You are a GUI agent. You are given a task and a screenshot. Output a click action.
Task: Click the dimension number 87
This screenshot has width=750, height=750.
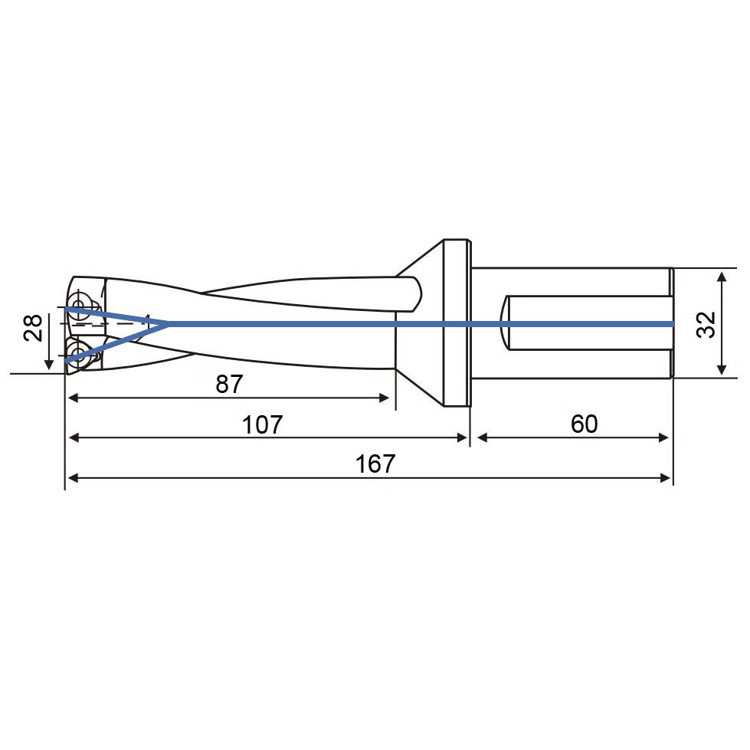229,384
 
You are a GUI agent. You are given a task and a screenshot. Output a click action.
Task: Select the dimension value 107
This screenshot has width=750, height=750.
262,424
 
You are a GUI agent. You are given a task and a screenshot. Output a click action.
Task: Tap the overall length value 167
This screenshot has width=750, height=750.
375,464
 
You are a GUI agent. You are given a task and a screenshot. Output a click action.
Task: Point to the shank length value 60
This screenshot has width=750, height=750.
584,424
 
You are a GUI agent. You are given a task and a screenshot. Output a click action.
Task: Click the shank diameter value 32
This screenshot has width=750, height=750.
706,325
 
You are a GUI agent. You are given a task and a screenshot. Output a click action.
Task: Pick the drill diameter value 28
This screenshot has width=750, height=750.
33,328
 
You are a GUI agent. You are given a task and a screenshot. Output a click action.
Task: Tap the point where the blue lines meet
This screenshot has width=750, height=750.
167,324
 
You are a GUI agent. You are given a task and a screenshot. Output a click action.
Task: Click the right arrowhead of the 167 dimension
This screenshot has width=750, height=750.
666,477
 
